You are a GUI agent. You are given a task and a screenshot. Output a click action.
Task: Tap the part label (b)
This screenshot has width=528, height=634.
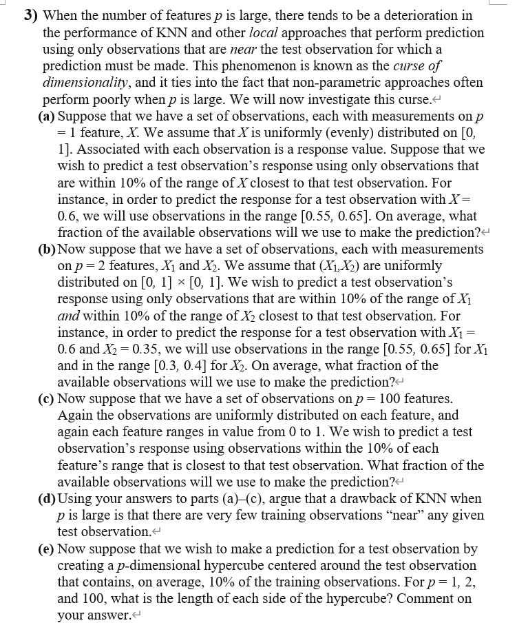point(46,249)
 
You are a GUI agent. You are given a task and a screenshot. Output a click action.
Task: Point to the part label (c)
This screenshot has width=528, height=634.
point(46,399)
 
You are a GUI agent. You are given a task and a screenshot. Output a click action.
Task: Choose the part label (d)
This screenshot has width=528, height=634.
point(46,498)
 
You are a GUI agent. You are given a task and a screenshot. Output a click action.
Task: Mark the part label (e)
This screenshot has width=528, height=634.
point(46,549)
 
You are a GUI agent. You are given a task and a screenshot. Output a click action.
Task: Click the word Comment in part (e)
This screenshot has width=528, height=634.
point(434,599)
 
